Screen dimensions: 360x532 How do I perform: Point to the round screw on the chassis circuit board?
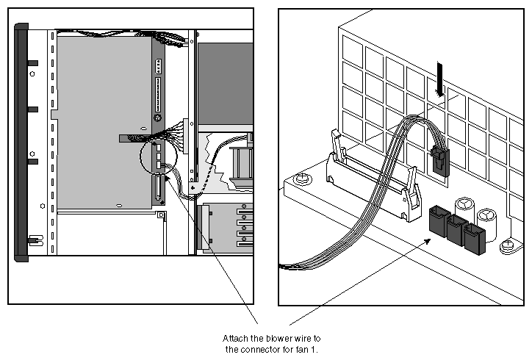157,118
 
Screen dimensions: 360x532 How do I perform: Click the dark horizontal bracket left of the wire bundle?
132,138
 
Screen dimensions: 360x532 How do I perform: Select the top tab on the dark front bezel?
32,62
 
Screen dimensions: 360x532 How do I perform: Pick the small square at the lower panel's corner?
159,215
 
